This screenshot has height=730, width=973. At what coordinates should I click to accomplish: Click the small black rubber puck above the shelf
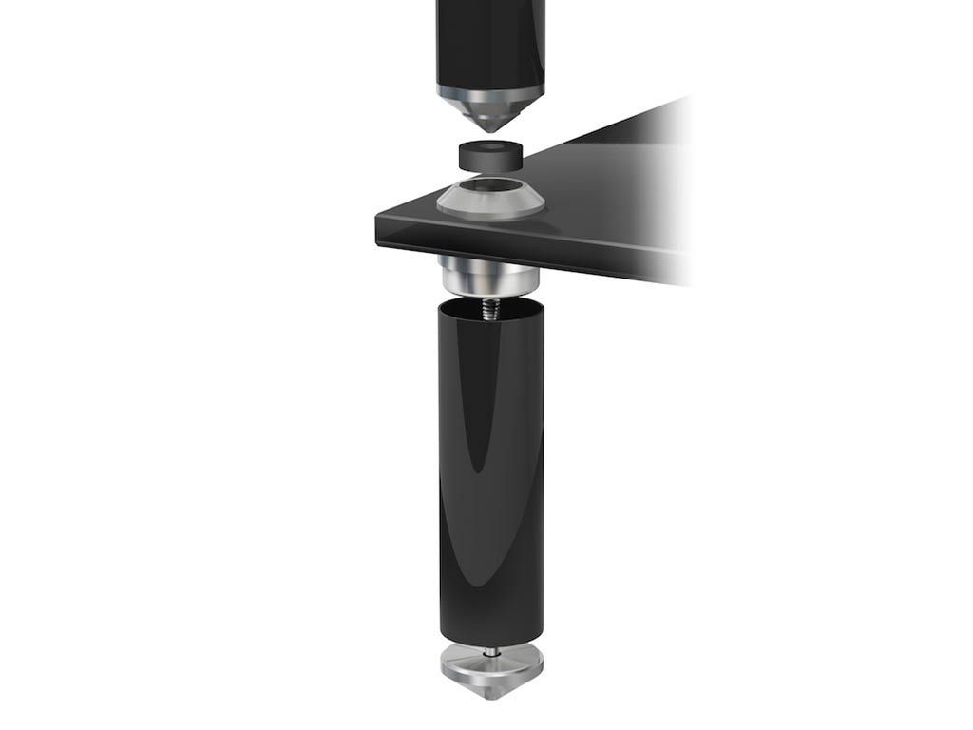click(490, 155)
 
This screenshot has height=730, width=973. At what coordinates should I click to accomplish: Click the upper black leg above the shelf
click(490, 38)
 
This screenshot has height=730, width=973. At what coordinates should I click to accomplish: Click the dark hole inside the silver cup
click(490, 186)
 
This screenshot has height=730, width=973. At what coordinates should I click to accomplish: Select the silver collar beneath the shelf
click(488, 276)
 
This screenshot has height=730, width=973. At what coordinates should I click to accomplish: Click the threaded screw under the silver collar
click(490, 309)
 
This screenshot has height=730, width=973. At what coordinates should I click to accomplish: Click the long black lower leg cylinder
click(490, 475)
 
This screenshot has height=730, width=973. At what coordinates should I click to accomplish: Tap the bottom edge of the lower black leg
click(490, 644)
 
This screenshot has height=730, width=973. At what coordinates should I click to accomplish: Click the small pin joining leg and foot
click(490, 652)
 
